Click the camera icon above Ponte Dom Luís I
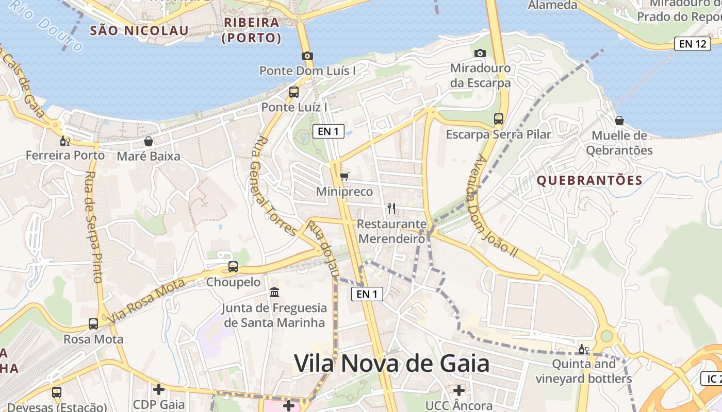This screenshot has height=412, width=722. (x=307, y=56)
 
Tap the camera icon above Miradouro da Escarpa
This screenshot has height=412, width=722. (x=480, y=53)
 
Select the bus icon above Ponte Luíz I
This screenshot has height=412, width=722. (x=293, y=92)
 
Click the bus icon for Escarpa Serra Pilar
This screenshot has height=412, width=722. (x=498, y=119)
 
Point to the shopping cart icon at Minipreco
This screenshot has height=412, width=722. (x=344, y=177)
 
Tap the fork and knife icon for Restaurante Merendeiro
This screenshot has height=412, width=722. (x=391, y=209)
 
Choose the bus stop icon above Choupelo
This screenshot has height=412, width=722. (x=233, y=267)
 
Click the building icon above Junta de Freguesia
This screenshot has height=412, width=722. (x=274, y=293)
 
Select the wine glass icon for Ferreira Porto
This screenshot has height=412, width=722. (x=65, y=141)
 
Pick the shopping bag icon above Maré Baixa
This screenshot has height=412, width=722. (x=149, y=141)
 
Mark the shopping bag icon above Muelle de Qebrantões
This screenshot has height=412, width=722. (x=619, y=121)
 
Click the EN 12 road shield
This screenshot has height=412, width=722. (x=692, y=44)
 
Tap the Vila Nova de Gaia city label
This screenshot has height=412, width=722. (x=391, y=364)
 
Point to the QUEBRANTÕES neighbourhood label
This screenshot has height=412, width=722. (x=589, y=180)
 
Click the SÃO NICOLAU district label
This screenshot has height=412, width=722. (x=139, y=30)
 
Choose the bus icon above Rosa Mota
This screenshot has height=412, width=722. (x=93, y=324)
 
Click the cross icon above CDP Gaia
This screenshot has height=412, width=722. (x=159, y=389)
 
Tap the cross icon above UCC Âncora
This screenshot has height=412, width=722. (x=458, y=390)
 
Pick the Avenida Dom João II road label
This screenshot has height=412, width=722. (x=492, y=206)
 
